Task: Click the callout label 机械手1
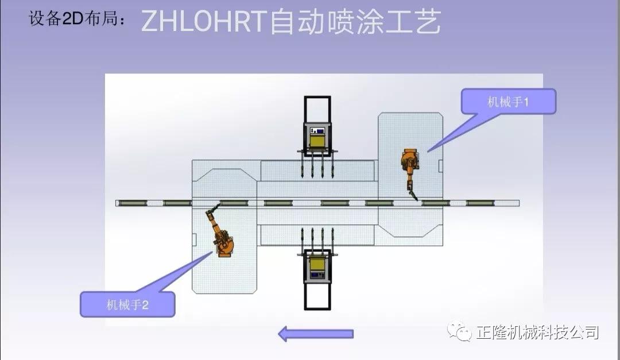coord(508,102)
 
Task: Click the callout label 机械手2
coord(127,304)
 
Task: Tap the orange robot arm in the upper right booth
coord(410,164)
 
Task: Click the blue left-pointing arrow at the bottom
coord(316,334)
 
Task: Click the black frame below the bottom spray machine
coord(317,296)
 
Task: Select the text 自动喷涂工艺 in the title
coord(356,22)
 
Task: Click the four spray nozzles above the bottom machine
coord(317,238)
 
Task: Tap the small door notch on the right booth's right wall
coord(440,166)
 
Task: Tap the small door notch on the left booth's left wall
coord(195,238)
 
